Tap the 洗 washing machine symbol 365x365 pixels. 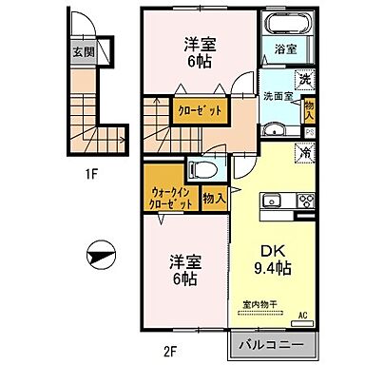pos(306,81)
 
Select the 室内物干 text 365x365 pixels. pos(258,304)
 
